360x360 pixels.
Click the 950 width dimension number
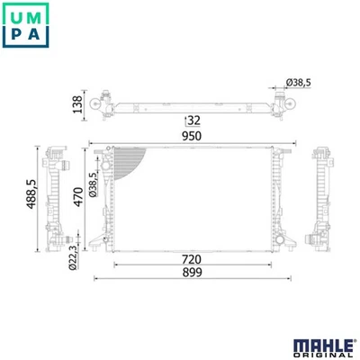point(192,136)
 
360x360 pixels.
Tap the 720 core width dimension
point(192,259)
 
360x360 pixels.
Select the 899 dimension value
point(192,273)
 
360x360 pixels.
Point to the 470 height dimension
point(78,197)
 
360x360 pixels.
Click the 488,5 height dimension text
point(31,193)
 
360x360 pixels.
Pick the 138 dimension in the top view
point(77,104)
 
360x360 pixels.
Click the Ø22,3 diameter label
point(73,257)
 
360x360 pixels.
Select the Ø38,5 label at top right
point(298,83)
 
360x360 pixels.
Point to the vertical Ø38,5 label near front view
point(94,184)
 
